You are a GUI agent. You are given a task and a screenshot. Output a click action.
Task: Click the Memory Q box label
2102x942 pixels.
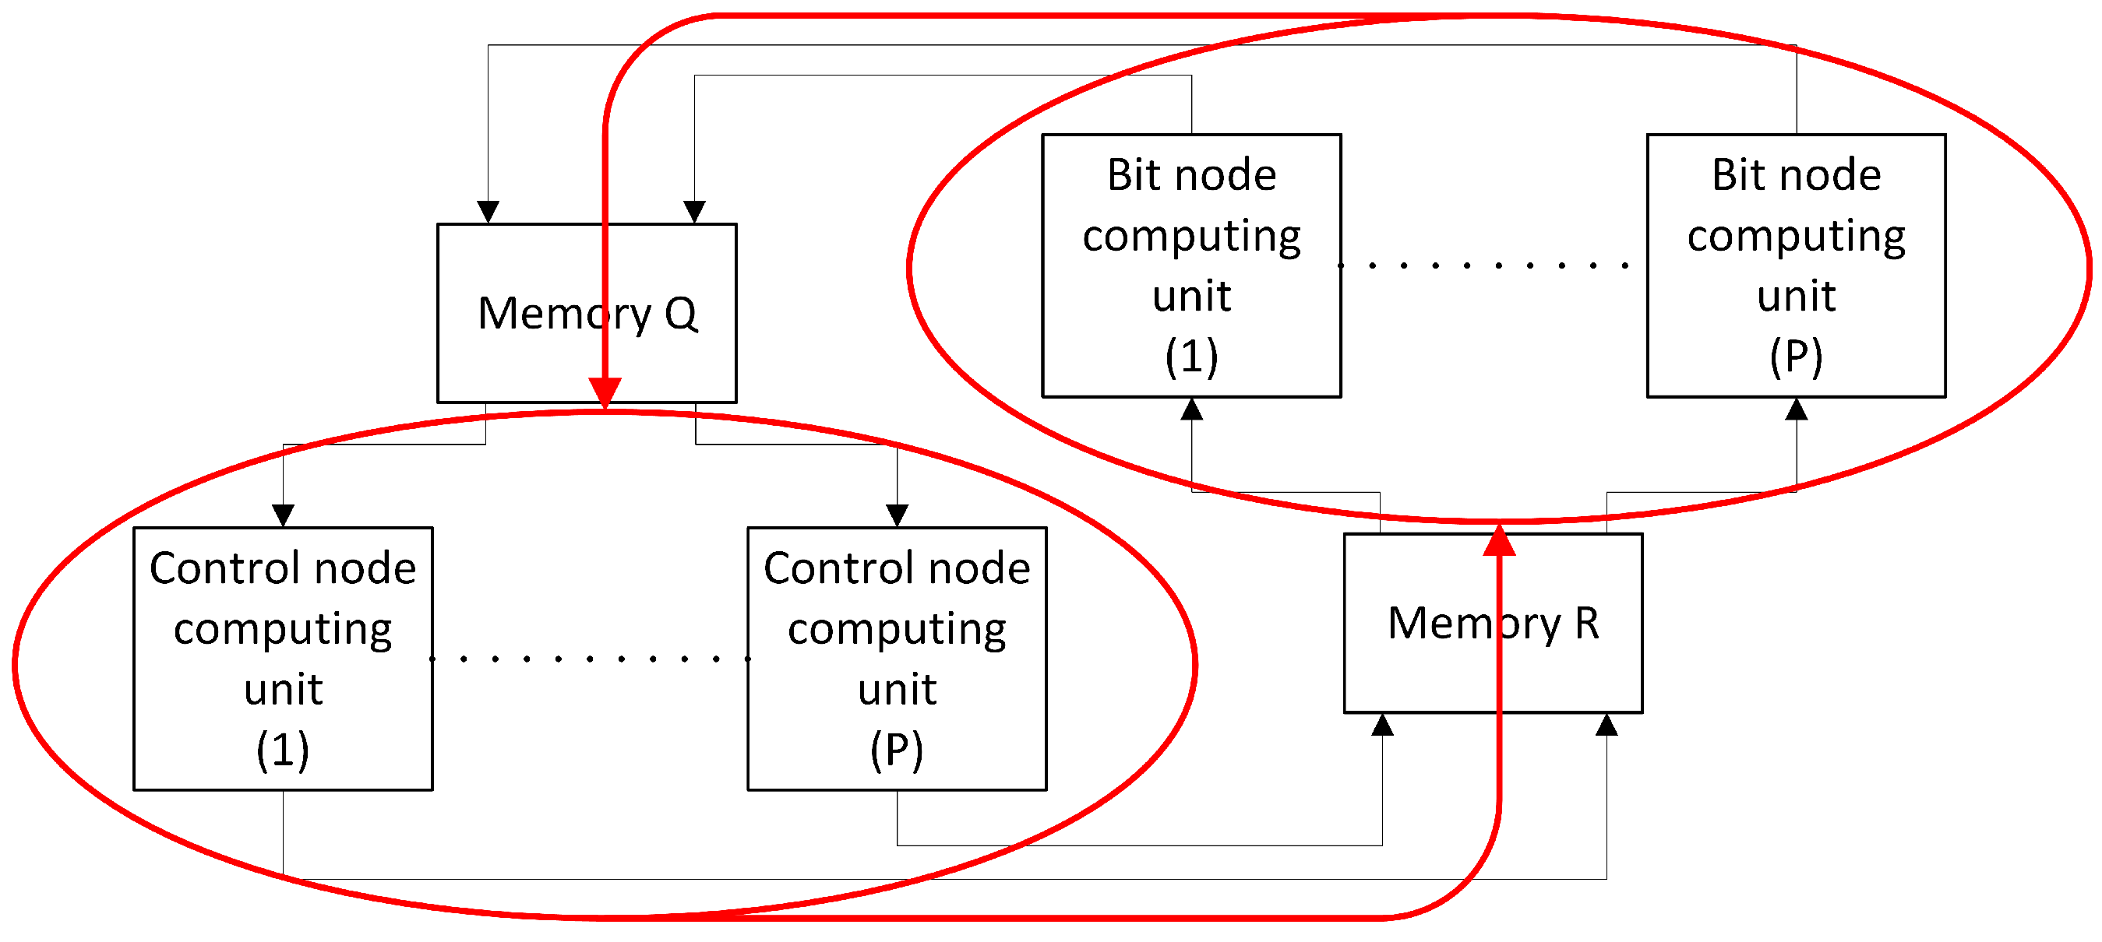(x=587, y=314)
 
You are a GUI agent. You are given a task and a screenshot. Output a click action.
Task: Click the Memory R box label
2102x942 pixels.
(x=1494, y=624)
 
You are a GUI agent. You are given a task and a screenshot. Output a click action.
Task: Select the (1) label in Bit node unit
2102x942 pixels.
(x=1191, y=357)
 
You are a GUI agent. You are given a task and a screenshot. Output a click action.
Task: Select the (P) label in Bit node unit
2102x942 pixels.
(x=1796, y=357)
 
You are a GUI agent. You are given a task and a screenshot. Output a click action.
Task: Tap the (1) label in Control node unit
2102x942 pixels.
(x=283, y=750)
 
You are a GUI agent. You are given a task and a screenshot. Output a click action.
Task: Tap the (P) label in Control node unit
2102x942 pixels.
(x=897, y=750)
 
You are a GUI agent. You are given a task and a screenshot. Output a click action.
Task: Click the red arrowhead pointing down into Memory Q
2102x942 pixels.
(x=605, y=392)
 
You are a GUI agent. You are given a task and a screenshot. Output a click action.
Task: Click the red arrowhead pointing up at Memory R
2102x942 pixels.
(x=1500, y=541)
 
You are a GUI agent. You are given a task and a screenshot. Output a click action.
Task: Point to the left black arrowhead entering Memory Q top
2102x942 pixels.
(x=488, y=212)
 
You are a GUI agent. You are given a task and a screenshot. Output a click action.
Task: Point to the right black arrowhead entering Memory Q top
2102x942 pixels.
(x=694, y=212)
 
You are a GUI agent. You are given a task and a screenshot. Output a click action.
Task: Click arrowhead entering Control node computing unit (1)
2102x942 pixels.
(x=283, y=515)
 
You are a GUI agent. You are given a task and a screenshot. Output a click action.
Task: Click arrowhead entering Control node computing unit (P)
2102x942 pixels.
(x=897, y=515)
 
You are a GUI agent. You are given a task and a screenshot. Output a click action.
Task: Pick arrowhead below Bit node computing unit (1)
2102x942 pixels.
(x=1191, y=409)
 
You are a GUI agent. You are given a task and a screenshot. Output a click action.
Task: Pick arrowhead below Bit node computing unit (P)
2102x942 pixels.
(x=1796, y=409)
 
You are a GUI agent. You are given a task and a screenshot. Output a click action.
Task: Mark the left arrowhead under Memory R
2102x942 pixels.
(x=1382, y=724)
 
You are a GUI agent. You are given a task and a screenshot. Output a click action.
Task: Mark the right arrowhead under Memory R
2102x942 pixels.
(x=1606, y=724)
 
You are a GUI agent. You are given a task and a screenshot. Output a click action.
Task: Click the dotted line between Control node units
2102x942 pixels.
(x=589, y=658)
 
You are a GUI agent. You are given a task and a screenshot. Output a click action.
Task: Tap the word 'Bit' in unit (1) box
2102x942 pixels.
(x=1130, y=175)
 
